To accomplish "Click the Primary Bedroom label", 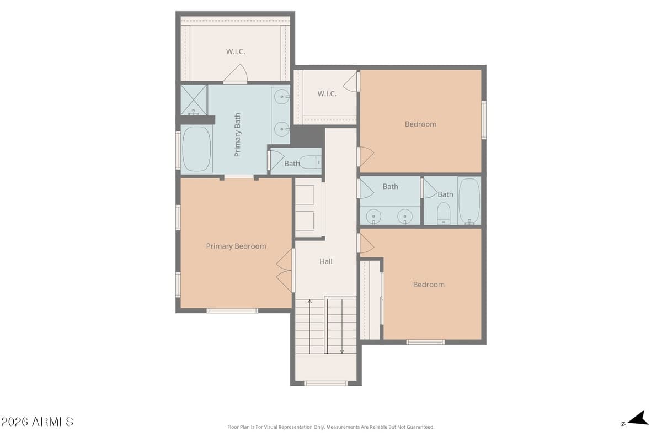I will click(236, 246).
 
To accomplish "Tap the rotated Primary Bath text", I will click(238, 135).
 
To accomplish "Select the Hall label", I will click(326, 261).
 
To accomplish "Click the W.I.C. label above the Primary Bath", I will click(236, 51).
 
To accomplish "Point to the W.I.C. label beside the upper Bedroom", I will click(327, 93).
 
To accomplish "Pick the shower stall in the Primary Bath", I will click(194, 99).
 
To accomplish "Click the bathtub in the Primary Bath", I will click(196, 149).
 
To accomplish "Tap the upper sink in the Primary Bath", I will click(282, 97).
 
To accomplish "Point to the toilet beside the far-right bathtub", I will click(444, 213).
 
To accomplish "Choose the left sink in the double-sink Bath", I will click(374, 215).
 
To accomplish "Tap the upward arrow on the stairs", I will click(309, 302).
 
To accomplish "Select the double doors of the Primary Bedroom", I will click(284, 270).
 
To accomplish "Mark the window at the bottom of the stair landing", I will click(326, 383).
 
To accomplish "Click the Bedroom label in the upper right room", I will click(420, 124).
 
